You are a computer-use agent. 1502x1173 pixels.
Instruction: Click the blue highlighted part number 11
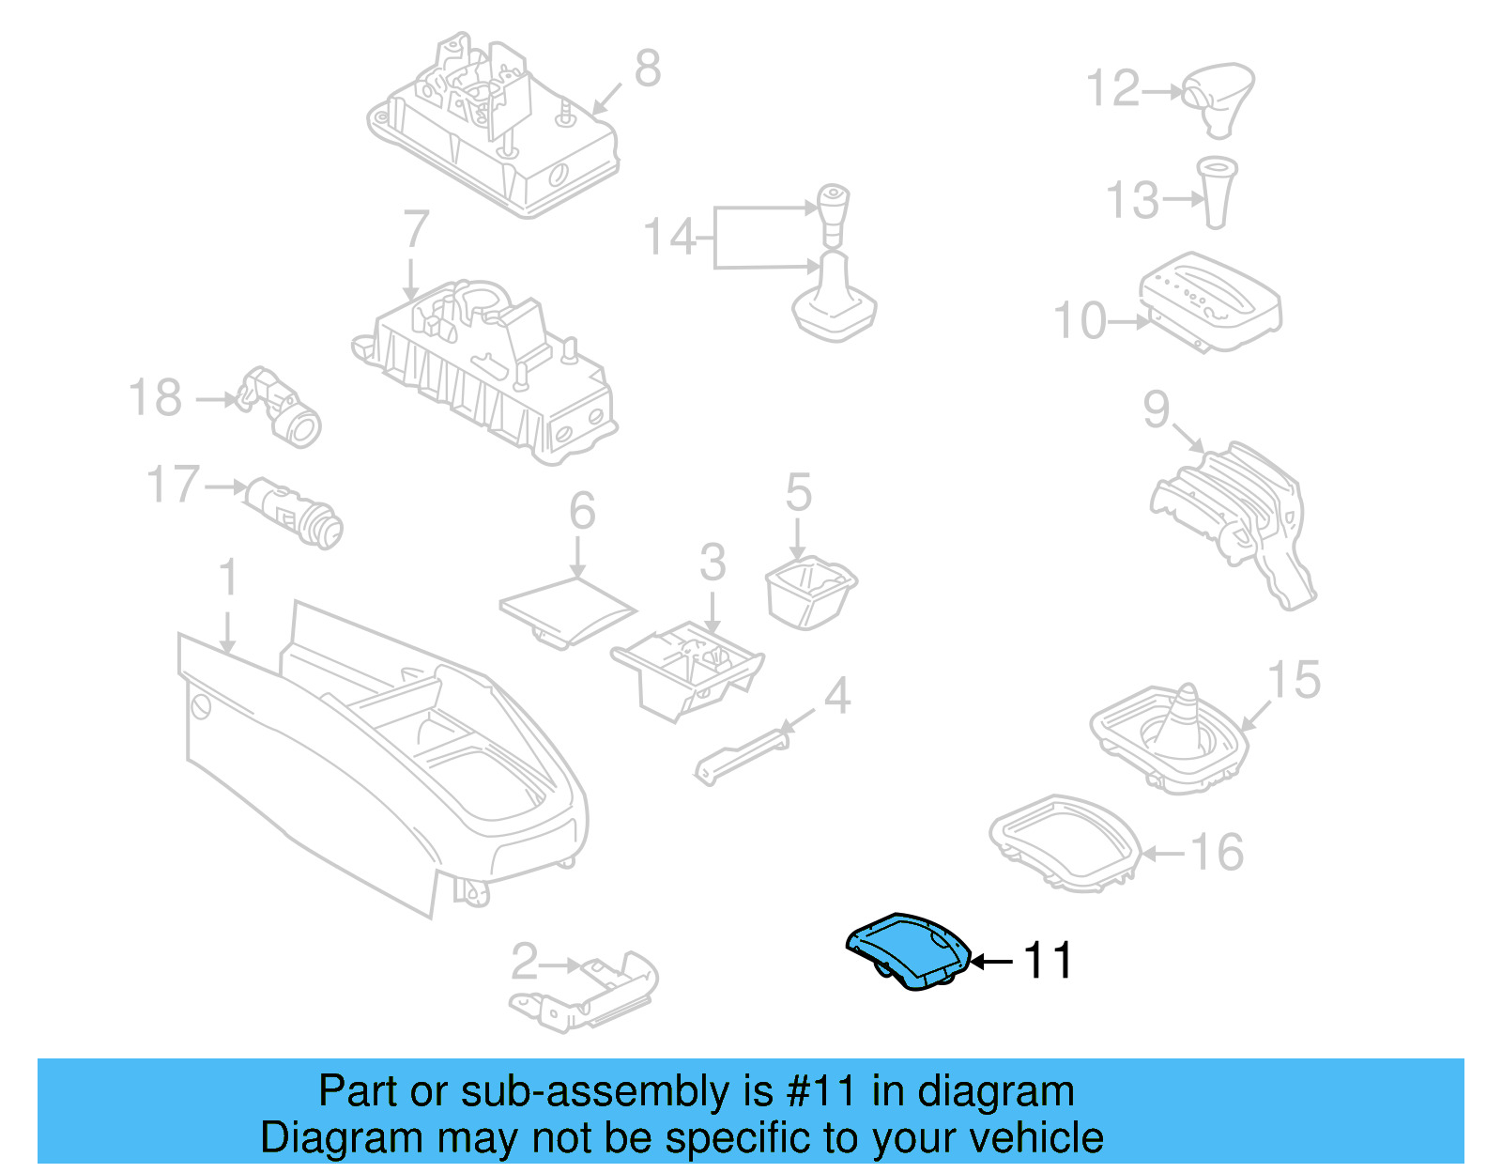[907, 951]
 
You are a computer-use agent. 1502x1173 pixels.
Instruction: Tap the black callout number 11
[1047, 961]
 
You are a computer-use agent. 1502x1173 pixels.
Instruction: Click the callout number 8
[647, 69]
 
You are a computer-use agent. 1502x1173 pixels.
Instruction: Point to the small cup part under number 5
[809, 591]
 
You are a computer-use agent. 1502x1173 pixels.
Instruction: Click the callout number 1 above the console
[228, 579]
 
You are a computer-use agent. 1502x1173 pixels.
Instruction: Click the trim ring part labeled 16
[1064, 842]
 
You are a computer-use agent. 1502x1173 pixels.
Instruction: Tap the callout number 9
[1156, 409]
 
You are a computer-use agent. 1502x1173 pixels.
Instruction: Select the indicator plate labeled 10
[1210, 301]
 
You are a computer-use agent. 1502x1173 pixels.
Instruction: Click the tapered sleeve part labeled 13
[1217, 193]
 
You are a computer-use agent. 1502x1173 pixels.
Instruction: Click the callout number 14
[669, 237]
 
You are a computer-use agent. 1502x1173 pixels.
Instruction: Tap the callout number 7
[415, 230]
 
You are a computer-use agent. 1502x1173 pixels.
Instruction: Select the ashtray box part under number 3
[688, 669]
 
